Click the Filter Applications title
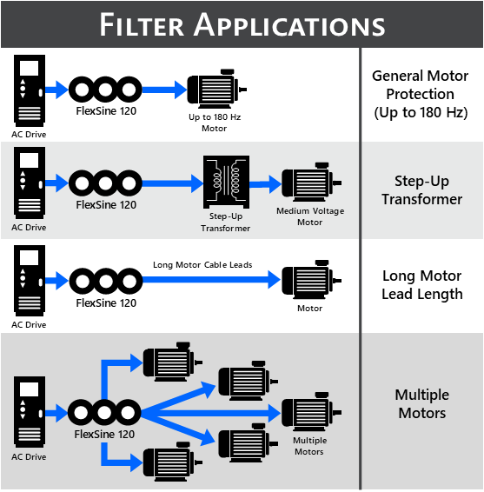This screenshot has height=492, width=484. click(242, 25)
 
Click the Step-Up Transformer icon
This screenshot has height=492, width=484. click(226, 182)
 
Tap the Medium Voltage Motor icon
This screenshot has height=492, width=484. click(311, 182)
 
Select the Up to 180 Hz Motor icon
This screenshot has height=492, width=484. click(216, 89)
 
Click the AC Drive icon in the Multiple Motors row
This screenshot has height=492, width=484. click(30, 412)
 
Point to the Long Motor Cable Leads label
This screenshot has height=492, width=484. click(202, 265)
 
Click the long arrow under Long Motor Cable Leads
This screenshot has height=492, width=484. click(211, 279)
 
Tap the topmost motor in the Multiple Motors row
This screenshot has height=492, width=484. click(173, 362)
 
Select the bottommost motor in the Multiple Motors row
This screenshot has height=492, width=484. click(173, 462)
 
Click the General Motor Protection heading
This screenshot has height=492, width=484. click(421, 94)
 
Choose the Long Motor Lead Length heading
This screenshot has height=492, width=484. click(422, 285)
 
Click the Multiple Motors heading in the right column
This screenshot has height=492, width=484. click(422, 404)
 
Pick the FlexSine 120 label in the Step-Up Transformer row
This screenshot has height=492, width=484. click(106, 205)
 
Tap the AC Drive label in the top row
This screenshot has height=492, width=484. click(29, 134)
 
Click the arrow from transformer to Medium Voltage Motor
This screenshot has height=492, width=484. click(266, 184)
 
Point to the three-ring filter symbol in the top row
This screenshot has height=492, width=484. click(105, 90)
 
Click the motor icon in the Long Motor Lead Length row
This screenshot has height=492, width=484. click(311, 280)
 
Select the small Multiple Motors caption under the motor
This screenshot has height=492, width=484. click(309, 446)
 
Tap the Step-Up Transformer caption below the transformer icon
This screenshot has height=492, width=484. click(226, 223)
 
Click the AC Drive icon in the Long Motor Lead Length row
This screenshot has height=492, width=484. click(30, 281)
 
